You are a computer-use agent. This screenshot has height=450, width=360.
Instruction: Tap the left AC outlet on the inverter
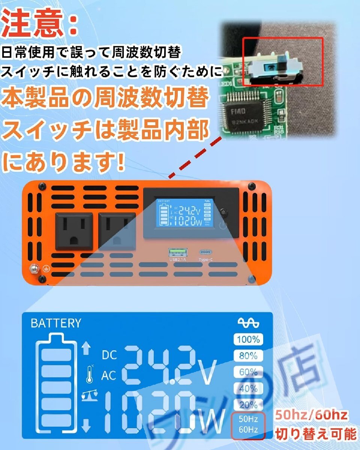tap(74, 231)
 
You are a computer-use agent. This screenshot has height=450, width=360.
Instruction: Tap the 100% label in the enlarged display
tap(248, 340)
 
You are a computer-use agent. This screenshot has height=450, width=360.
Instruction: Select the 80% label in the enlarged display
tap(248, 356)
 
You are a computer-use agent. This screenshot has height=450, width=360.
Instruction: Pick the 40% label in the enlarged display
tap(248, 388)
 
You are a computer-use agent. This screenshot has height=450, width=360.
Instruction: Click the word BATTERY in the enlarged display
tap(56, 323)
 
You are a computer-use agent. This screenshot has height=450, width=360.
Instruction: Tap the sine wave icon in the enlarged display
tap(248, 323)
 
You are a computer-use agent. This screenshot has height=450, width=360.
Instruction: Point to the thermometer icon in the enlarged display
tap(89, 375)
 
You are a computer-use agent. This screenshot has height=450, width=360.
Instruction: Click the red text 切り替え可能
tap(315, 434)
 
